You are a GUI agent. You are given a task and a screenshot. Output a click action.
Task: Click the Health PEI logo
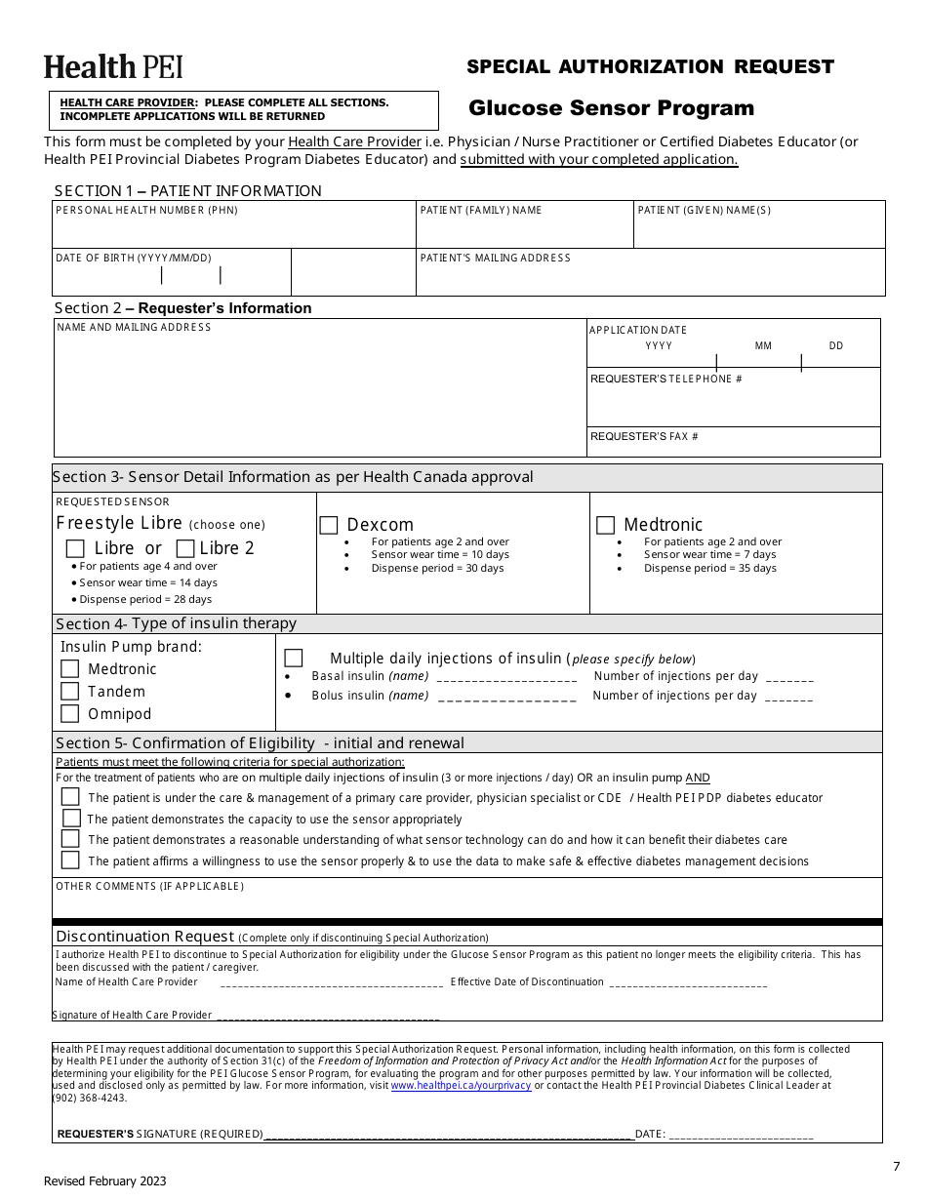[113, 67]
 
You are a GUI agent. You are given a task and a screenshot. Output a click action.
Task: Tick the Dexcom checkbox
[329, 525]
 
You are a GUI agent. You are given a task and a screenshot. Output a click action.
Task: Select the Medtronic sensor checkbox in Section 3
[605, 525]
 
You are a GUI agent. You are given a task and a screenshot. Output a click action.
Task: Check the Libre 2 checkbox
[184, 548]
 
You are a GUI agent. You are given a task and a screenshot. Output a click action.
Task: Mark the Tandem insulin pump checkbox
[69, 691]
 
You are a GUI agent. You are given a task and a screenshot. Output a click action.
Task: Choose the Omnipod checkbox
[69, 713]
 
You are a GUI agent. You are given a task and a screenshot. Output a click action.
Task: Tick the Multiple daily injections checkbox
[293, 658]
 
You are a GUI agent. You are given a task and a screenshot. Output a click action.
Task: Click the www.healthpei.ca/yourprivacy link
[461, 1085]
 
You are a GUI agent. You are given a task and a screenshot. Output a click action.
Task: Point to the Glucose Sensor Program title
[611, 108]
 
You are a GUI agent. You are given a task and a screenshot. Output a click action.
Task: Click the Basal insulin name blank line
[506, 677]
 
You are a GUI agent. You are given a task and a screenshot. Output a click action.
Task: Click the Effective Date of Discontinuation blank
[688, 983]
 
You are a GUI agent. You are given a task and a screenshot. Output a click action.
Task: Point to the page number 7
[896, 1166]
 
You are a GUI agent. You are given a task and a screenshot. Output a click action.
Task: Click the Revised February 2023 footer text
[105, 1181]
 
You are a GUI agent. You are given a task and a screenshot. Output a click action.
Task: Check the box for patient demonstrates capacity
[70, 819]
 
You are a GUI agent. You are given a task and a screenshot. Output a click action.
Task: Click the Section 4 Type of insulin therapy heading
[176, 623]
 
